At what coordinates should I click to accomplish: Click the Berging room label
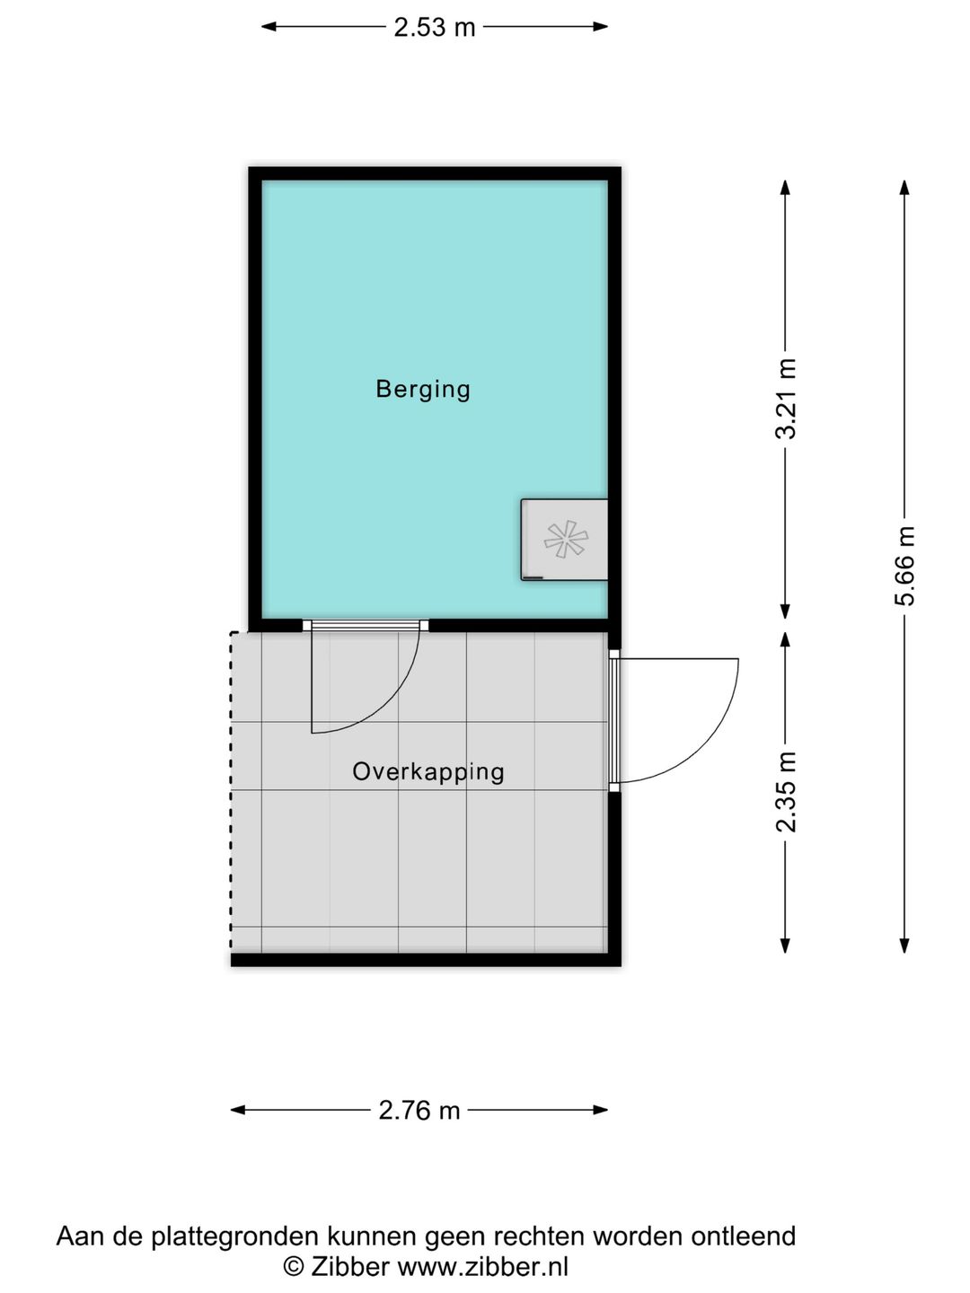(x=423, y=389)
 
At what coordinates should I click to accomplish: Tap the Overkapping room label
(x=428, y=771)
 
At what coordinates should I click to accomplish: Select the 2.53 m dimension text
(x=434, y=27)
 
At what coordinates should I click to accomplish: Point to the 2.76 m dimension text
(x=419, y=1111)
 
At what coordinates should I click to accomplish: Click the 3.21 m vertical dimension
(x=786, y=398)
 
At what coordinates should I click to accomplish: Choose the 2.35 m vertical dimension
(x=786, y=791)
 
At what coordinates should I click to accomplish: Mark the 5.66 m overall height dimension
(x=905, y=566)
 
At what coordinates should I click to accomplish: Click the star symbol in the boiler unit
(x=566, y=540)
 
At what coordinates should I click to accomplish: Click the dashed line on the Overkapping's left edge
(x=232, y=790)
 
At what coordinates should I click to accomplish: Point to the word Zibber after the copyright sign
(x=349, y=1266)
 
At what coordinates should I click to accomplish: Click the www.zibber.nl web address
(x=482, y=1266)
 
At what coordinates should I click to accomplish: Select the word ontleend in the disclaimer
(x=743, y=1236)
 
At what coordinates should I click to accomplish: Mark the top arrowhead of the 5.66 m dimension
(x=905, y=187)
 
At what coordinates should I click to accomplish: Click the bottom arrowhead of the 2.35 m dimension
(x=786, y=946)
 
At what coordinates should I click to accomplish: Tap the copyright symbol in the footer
(x=293, y=1266)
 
